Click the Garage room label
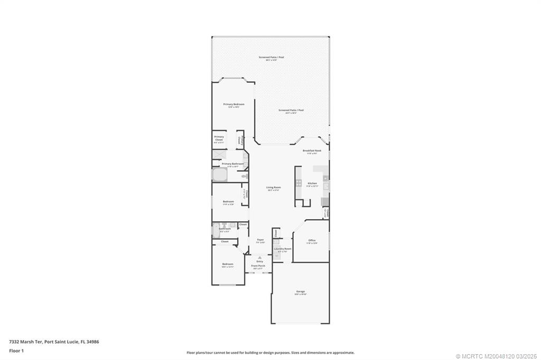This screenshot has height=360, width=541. (301, 291)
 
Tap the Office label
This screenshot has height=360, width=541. (312, 241)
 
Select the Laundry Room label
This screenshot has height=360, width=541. (282, 249)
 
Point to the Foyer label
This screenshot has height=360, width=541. (260, 240)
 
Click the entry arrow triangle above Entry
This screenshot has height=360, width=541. (259, 257)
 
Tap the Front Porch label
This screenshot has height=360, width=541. (258, 266)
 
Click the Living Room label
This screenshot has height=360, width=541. (273, 187)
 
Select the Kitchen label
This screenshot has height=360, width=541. (312, 183)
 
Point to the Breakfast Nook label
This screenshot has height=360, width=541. (312, 150)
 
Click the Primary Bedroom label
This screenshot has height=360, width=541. (234, 105)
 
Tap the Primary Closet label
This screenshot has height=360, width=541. (219, 138)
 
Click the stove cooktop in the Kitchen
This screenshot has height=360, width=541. (299, 184)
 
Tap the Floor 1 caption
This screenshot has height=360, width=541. (16, 350)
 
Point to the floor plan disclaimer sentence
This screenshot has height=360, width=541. (270, 353)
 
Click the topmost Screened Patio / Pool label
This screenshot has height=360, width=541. (270, 57)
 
